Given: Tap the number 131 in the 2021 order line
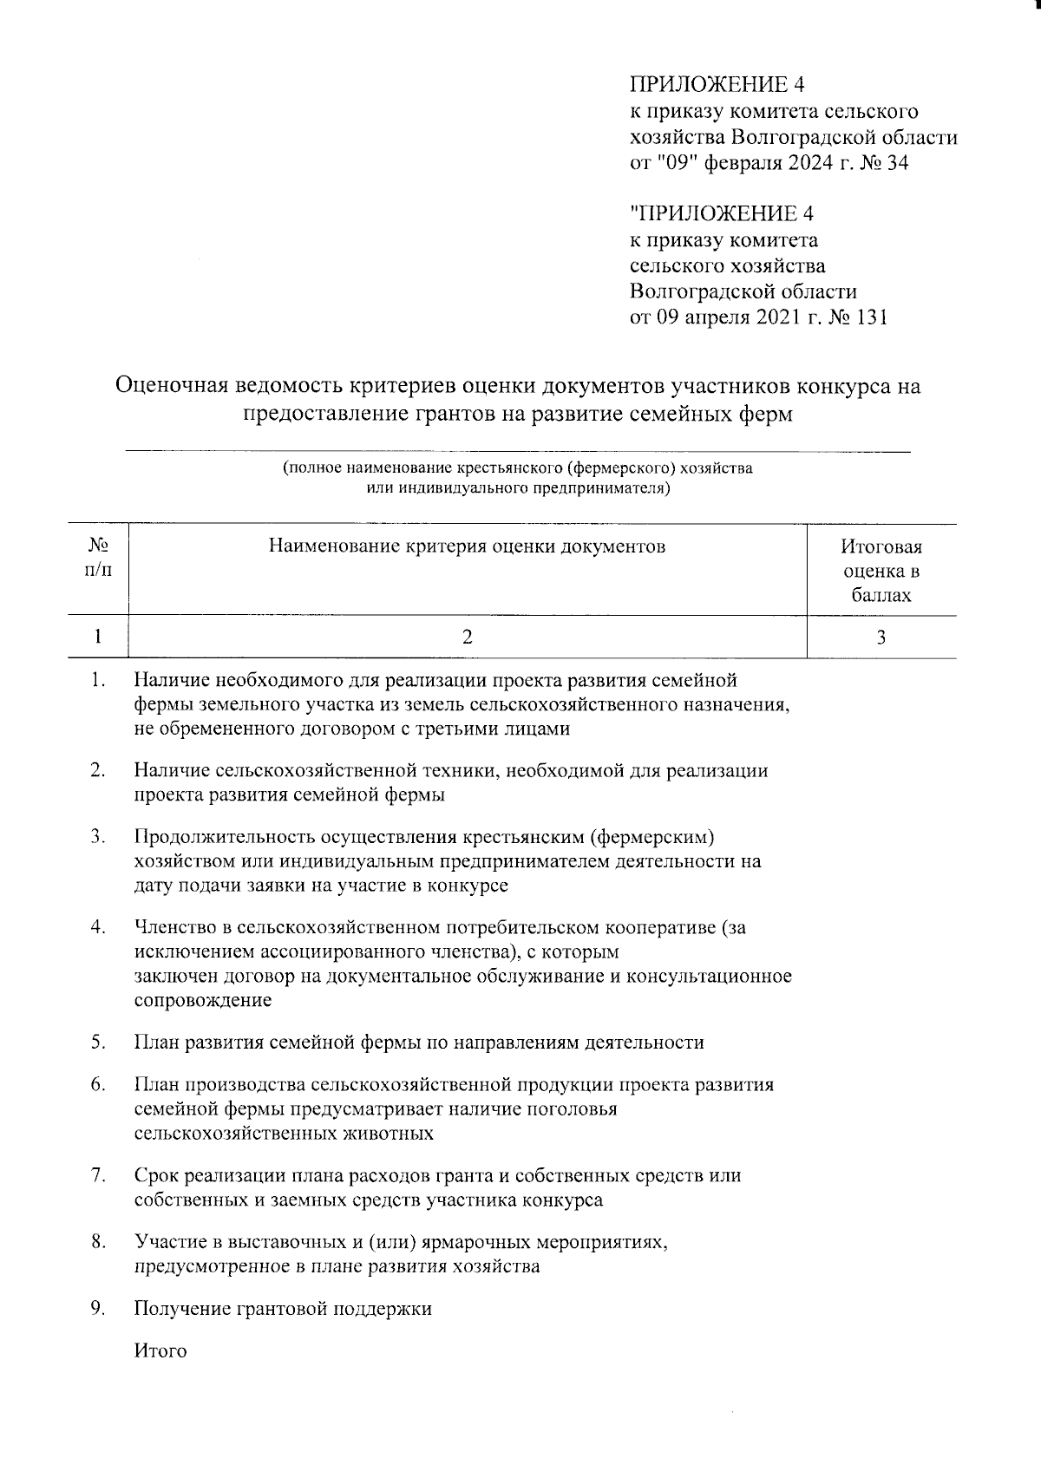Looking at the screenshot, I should click(x=871, y=317).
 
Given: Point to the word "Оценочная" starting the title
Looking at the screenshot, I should click(x=177, y=385).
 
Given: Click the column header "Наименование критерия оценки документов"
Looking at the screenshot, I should click(x=467, y=546).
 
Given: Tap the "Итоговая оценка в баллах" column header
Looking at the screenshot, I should click(x=881, y=571).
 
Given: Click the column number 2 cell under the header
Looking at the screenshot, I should click(x=467, y=637).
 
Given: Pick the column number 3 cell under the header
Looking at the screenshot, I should click(x=881, y=637).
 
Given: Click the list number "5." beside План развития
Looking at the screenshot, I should click(x=98, y=1042).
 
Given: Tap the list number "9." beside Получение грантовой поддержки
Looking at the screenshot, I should click(x=98, y=1308).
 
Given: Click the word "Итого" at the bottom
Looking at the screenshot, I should click(x=160, y=1350).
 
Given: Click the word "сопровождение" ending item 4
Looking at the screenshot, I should click(x=203, y=1000).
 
